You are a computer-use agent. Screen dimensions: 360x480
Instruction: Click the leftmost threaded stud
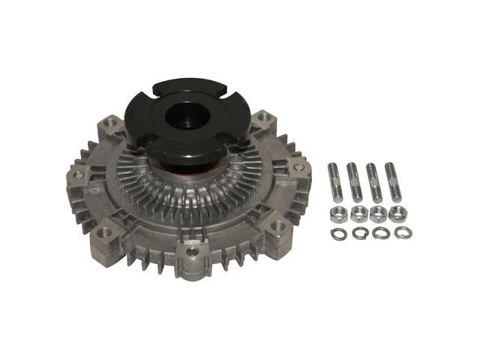coord(332,181)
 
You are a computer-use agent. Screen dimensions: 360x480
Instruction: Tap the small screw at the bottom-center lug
coord(193,252)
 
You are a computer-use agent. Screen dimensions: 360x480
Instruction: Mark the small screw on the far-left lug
coord(78,174)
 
